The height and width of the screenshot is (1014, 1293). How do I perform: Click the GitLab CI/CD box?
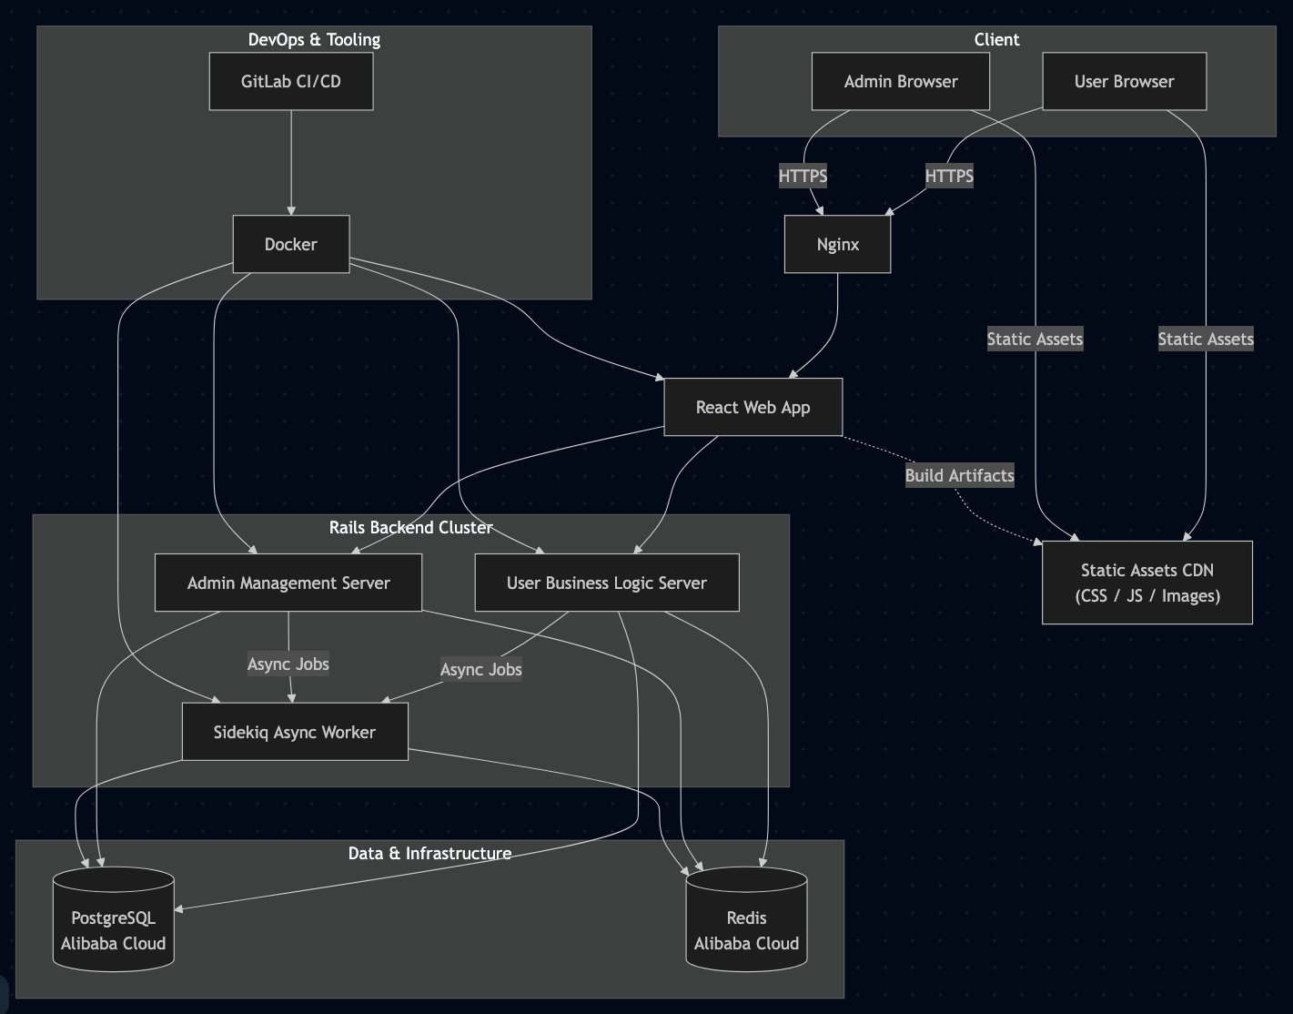[291, 82]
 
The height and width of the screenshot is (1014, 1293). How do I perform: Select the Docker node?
[291, 244]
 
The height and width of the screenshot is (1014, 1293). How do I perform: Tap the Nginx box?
[837, 244]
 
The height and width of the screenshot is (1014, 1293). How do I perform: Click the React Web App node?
[753, 407]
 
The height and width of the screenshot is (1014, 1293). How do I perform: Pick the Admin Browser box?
[900, 82]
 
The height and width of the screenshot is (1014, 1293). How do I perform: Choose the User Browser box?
[1124, 82]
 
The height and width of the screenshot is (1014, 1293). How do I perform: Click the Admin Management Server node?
[288, 583]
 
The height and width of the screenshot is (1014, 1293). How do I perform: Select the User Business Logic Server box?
[607, 583]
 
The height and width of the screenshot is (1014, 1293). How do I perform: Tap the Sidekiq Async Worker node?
[295, 732]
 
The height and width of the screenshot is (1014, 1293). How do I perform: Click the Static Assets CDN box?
[1147, 583]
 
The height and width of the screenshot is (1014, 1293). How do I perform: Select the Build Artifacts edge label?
[959, 475]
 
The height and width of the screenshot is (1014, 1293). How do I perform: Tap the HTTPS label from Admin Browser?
[803, 176]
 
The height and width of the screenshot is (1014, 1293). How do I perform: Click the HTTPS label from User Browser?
[949, 176]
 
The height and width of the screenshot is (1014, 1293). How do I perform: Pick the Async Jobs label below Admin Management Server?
[288, 664]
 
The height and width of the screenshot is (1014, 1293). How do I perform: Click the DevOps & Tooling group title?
[314, 39]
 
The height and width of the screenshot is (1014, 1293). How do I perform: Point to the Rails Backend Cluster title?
[410, 527]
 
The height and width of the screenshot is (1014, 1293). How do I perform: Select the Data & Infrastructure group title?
[429, 853]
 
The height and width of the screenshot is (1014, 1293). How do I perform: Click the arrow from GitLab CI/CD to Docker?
[291, 164]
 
